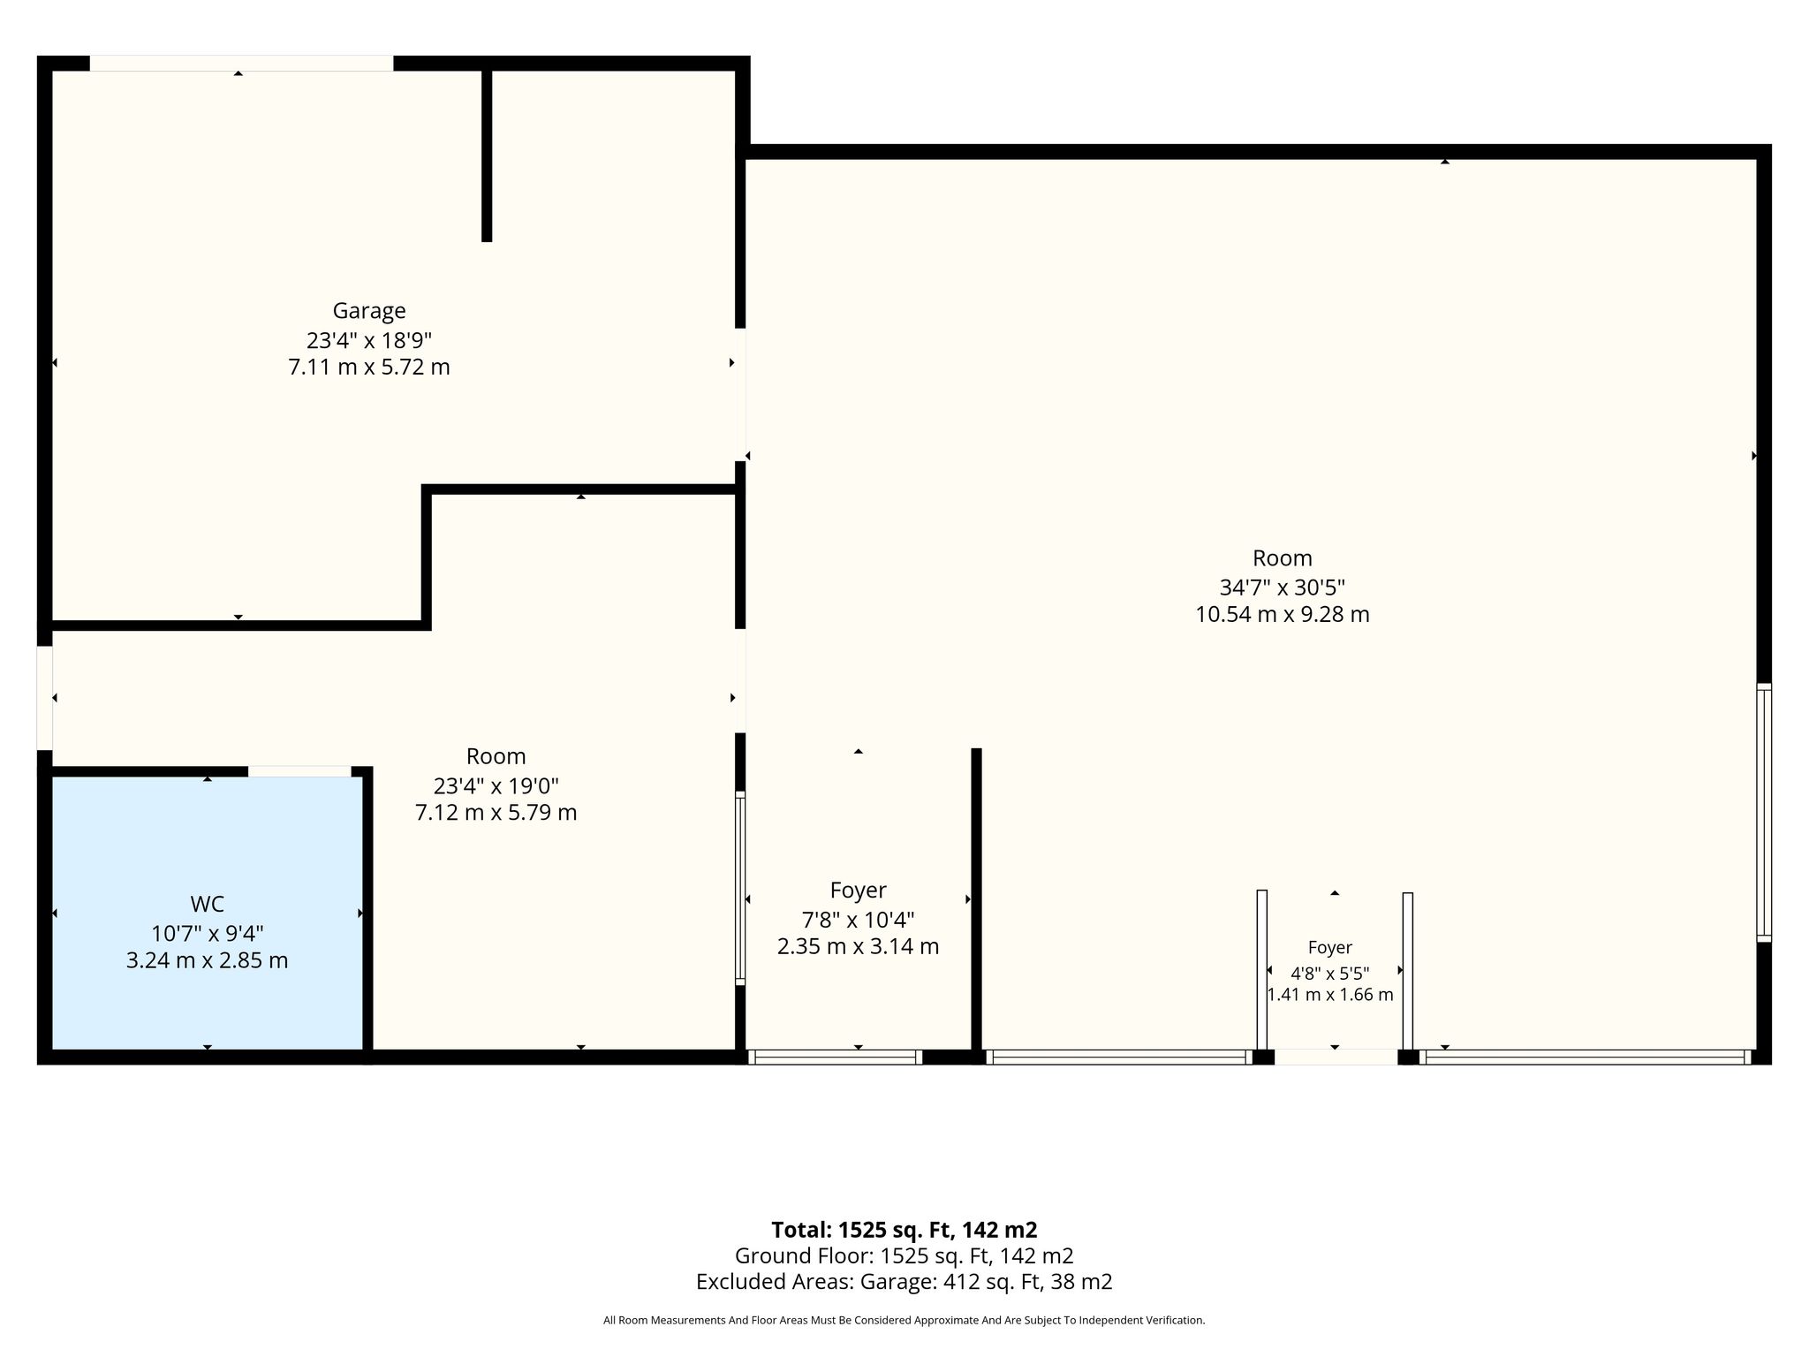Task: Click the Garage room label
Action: click(369, 311)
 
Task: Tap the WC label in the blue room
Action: click(207, 904)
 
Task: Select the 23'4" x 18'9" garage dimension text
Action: click(369, 339)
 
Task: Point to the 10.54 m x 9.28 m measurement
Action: click(1283, 614)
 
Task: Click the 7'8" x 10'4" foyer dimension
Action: click(858, 920)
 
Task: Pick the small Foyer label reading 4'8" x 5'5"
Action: click(1330, 948)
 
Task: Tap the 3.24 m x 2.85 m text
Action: click(207, 960)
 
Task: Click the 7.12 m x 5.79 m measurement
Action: click(496, 812)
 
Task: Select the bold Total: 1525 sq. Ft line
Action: click(904, 1230)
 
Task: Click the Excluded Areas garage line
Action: click(904, 1282)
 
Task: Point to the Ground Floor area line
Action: click(904, 1255)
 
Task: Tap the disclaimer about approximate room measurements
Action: click(904, 1321)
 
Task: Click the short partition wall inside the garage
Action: click(487, 155)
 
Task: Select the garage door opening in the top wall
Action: click(241, 63)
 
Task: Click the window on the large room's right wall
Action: click(1764, 812)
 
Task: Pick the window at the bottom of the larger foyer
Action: click(835, 1057)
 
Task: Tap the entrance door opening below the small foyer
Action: click(1336, 1057)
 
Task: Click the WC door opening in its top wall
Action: click(299, 771)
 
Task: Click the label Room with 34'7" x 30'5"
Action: click(1283, 558)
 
